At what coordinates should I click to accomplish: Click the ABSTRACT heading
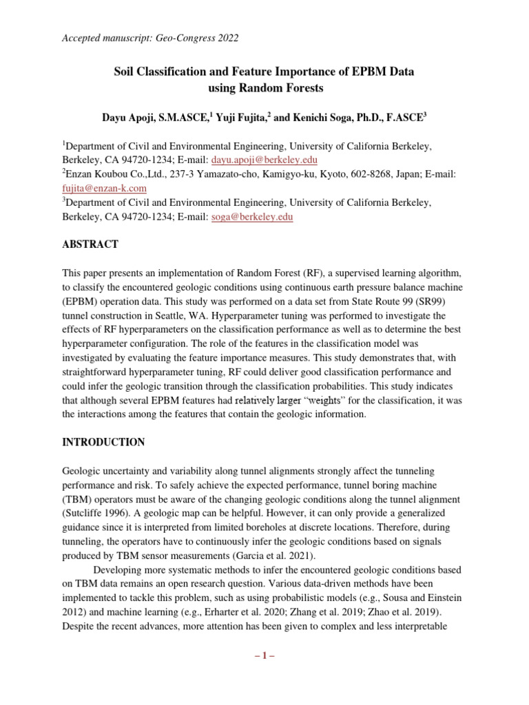point(90,244)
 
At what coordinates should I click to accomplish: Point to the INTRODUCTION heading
point(103,442)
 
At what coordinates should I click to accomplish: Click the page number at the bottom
point(264,655)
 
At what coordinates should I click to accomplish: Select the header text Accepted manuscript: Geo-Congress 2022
point(150,39)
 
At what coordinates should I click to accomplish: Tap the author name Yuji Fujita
point(234,118)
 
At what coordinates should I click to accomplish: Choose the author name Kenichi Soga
point(320,118)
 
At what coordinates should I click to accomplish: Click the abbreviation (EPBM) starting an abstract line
point(83,301)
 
